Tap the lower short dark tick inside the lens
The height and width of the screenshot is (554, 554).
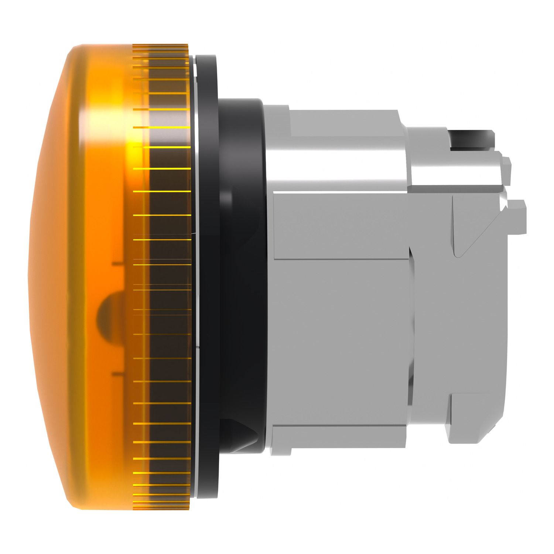pos(117,374)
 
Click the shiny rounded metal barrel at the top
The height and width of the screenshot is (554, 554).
pos(332,148)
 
